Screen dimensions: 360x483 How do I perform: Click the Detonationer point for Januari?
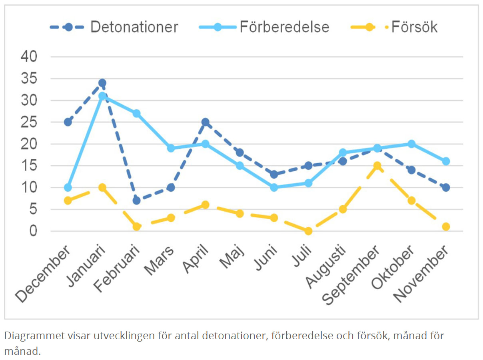pos(102,83)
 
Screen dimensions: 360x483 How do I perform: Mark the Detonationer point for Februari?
pos(137,200)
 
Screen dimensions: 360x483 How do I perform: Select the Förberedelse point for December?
pos(68,188)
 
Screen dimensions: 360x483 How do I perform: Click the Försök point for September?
pos(377,166)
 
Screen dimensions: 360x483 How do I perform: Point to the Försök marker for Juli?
pos(308,231)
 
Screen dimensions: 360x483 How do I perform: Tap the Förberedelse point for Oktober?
pos(411,144)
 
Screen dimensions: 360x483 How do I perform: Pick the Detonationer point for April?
pos(206,122)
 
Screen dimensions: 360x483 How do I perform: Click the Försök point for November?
pos(446,227)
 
